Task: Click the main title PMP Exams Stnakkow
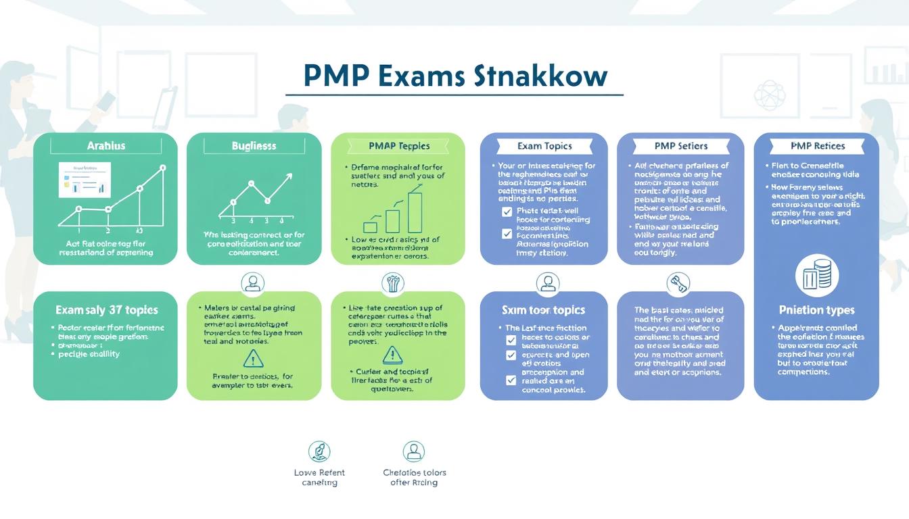(x=455, y=76)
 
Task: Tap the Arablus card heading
(x=106, y=145)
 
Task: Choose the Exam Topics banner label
(x=544, y=146)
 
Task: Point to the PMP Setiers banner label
(x=680, y=146)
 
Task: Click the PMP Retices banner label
(x=817, y=146)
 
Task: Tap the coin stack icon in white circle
(x=816, y=276)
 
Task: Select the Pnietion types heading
(x=816, y=310)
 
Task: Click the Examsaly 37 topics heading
(x=106, y=310)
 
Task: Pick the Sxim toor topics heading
(x=544, y=310)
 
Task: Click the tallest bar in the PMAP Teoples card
(x=415, y=212)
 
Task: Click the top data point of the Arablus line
(x=162, y=168)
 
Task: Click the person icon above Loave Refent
(x=319, y=451)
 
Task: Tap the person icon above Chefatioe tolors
(x=413, y=451)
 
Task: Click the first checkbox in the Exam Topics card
(x=507, y=212)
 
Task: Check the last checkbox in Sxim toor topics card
(x=511, y=380)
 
